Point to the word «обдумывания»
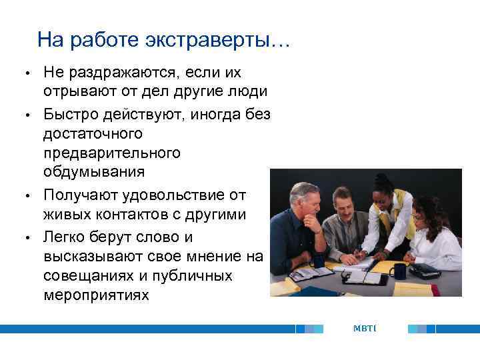tap(93, 171)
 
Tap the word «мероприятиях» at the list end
tap(96, 294)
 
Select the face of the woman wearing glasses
tap(421, 214)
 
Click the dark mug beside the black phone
tap(399, 271)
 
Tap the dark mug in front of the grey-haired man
tap(318, 260)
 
